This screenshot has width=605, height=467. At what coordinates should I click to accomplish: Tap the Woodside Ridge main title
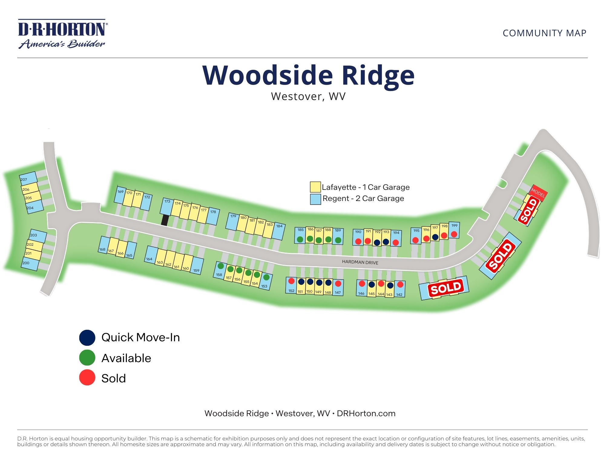308,75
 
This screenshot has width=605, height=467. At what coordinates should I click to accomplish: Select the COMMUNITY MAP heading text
544,33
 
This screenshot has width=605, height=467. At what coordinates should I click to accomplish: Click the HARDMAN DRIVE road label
360,262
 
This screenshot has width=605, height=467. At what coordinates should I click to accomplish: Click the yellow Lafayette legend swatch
315,187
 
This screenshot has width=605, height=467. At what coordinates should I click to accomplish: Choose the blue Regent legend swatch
315,199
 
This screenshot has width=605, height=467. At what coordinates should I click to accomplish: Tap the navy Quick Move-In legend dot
87,338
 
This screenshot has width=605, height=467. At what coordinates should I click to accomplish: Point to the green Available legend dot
87,358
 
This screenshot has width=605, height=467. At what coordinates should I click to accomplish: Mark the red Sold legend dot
87,378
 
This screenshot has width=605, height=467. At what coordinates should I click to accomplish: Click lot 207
28,179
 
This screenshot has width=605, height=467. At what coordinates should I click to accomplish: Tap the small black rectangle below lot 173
165,220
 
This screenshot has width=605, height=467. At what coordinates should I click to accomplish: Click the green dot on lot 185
300,239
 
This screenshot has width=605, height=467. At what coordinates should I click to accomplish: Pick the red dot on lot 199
454,234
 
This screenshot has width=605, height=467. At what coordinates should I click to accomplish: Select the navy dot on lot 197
435,237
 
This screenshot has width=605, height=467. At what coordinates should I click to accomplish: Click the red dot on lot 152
291,281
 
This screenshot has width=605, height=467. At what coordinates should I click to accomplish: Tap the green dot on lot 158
221,266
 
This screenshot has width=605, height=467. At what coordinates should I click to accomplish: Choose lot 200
30,264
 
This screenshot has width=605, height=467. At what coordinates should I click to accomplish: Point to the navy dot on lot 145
372,284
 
